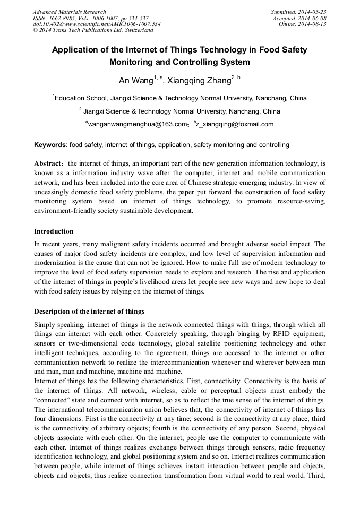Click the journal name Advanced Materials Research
tap(69, 12)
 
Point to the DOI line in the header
tap(97, 24)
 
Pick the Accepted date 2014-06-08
tap(313, 18)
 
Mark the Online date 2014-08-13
tap(314, 24)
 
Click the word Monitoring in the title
tap(132, 62)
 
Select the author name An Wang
tap(135, 81)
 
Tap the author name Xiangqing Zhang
tap(199, 81)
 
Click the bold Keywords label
tap(50, 145)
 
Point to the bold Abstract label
tap(48, 164)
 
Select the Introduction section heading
tap(54, 231)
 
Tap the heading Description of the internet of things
tap(89, 311)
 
